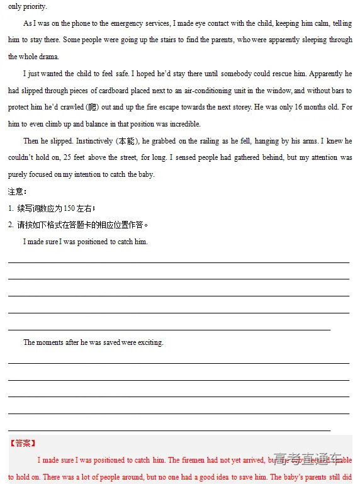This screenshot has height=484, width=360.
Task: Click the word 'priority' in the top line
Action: [x=34, y=6]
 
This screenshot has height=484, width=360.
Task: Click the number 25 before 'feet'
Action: [x=60, y=158]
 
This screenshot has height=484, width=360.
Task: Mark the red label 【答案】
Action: [x=23, y=443]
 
